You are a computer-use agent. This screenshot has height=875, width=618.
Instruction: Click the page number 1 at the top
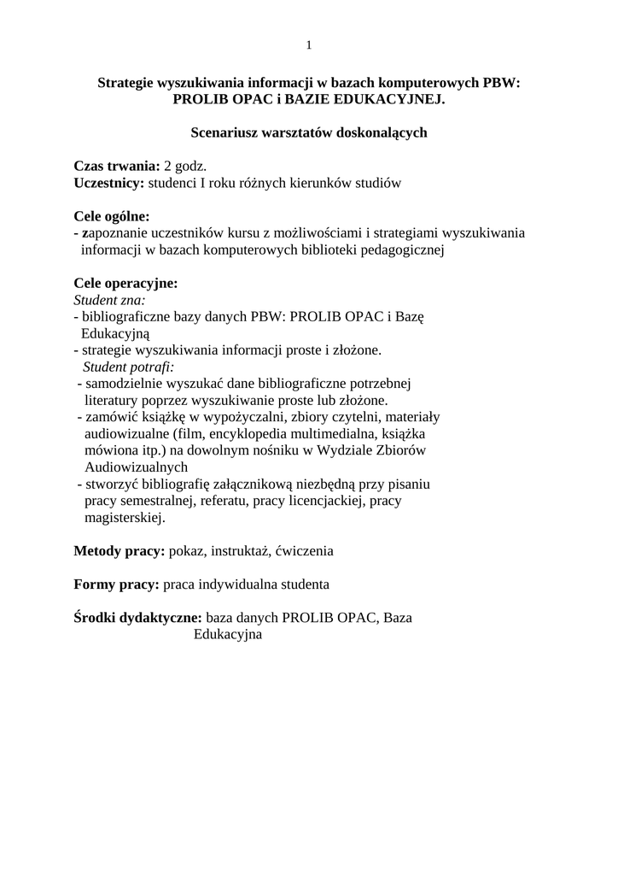(309, 45)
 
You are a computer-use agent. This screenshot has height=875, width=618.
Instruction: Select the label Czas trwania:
(117, 166)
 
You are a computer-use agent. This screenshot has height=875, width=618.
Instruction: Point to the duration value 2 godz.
(186, 166)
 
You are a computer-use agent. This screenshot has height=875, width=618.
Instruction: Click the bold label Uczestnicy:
(109, 183)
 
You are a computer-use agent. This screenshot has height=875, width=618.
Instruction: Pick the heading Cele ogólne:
(112, 216)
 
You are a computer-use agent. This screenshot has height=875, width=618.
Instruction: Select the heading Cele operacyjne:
(125, 283)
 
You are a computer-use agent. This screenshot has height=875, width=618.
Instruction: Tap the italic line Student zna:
(109, 300)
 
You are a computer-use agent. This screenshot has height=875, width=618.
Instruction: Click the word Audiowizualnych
(136, 467)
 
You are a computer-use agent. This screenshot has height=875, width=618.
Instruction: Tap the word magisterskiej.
(124, 518)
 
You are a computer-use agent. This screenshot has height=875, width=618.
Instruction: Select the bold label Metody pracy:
(120, 551)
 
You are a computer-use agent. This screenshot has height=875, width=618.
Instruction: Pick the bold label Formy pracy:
(117, 584)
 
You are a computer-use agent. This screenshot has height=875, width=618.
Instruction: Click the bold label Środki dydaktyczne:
(138, 618)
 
